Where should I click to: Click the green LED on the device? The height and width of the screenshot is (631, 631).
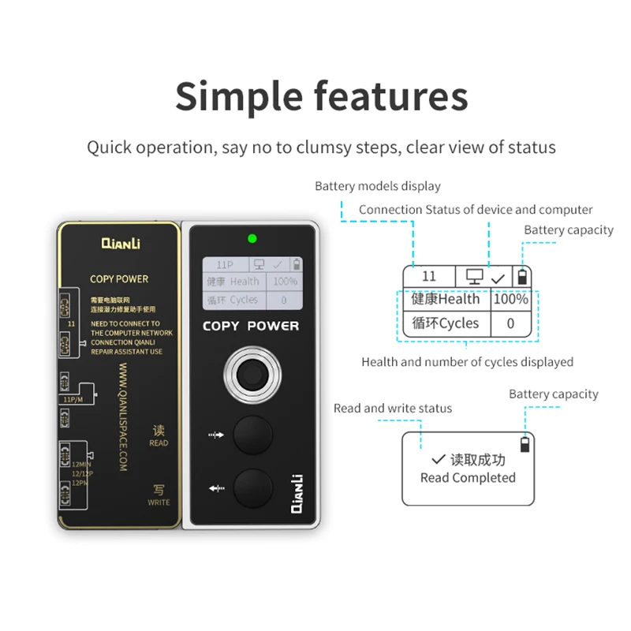tap(252, 238)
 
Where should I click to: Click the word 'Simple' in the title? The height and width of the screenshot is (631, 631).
tap(238, 96)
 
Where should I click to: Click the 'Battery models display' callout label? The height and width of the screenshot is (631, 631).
tap(377, 187)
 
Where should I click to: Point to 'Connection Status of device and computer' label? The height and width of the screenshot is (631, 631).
tap(476, 210)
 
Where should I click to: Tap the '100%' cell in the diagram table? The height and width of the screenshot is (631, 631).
tap(510, 299)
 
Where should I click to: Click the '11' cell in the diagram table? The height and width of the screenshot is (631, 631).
tap(429, 276)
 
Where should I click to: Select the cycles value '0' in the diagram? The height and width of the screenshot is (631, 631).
tap(510, 323)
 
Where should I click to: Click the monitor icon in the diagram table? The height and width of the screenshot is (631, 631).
tap(474, 277)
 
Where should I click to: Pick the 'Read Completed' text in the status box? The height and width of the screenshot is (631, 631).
tap(468, 478)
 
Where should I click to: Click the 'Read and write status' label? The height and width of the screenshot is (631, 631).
tap(393, 409)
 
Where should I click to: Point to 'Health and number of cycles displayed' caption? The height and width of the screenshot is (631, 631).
tap(467, 362)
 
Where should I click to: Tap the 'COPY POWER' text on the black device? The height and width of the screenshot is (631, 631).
tap(251, 326)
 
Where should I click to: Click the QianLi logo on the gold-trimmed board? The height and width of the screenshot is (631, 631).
tap(120, 245)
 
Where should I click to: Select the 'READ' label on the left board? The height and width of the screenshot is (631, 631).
tap(159, 442)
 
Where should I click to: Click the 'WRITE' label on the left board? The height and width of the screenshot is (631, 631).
tap(159, 502)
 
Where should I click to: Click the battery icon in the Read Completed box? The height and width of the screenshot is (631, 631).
tap(525, 445)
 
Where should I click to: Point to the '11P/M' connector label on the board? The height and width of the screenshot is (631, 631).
tap(73, 400)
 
